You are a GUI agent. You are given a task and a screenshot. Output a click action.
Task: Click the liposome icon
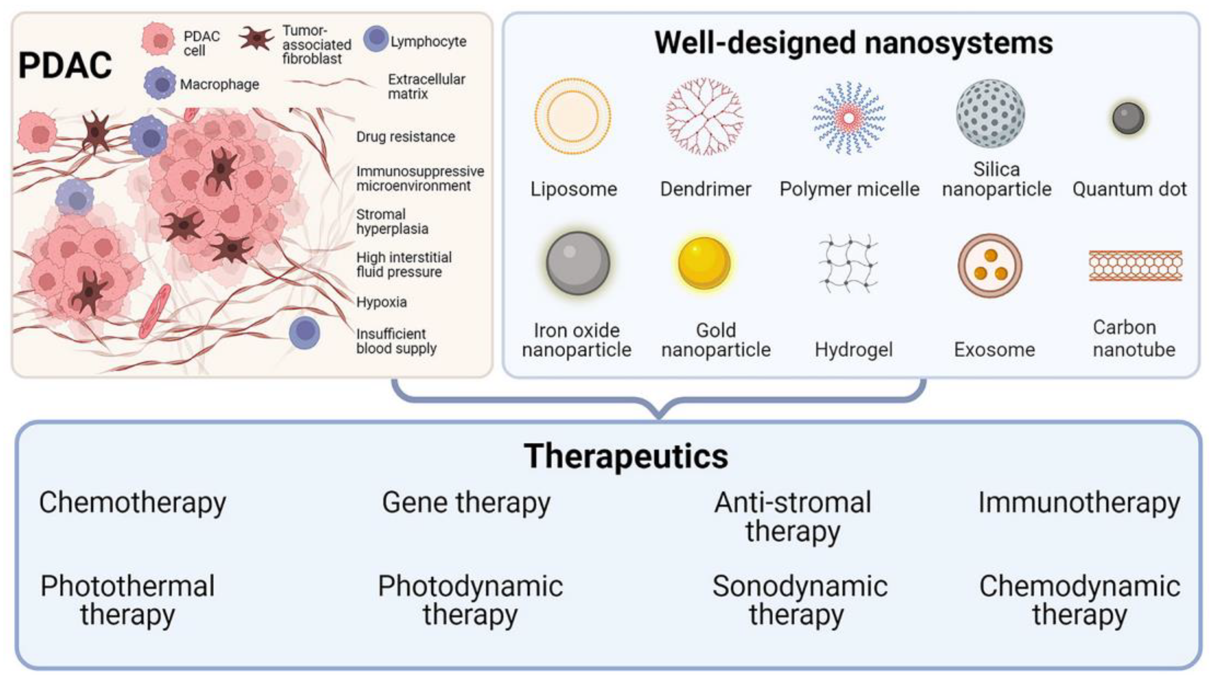[573, 116]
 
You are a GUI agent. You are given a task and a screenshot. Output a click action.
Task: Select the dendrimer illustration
[704, 116]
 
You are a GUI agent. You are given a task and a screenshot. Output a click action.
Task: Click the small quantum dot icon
[1128, 118]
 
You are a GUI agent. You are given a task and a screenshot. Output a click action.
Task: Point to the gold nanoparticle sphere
[704, 263]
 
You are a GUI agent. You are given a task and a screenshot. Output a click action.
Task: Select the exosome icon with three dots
[990, 265]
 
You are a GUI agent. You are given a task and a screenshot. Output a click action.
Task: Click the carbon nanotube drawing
[1135, 265]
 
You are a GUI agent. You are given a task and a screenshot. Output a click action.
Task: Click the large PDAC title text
[65, 65]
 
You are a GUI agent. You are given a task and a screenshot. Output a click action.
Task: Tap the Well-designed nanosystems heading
[854, 43]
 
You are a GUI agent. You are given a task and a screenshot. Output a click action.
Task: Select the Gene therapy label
[466, 503]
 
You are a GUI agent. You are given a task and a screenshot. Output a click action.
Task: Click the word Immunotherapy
[1079, 503]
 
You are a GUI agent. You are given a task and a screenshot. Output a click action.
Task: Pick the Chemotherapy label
[132, 503]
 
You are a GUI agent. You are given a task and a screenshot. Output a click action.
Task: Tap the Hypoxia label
[381, 302]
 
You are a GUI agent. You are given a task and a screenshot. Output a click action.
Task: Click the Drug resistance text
[405, 137]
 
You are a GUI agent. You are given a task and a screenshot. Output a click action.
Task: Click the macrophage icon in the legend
[160, 84]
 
